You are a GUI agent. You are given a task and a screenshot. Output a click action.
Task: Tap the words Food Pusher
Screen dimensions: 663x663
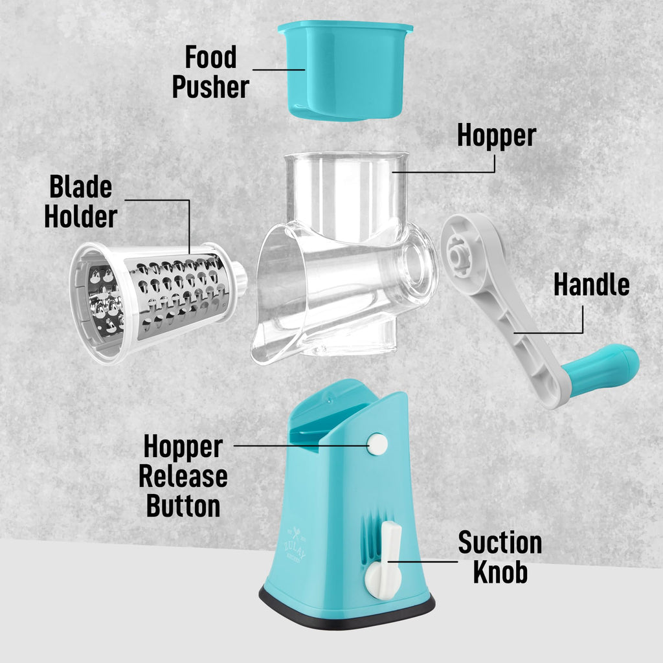pyautogui.click(x=210, y=72)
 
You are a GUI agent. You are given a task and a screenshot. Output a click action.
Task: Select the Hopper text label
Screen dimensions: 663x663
pyautogui.click(x=497, y=136)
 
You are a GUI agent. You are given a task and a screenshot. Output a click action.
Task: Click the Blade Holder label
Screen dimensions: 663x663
pyautogui.click(x=80, y=202)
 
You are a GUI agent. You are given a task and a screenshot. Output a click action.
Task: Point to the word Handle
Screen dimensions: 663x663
pyautogui.click(x=591, y=285)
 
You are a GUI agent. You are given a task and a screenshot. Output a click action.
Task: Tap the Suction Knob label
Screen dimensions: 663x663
pyautogui.click(x=500, y=557)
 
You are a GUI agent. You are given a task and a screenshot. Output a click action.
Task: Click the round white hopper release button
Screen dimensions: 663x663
pyautogui.click(x=377, y=444)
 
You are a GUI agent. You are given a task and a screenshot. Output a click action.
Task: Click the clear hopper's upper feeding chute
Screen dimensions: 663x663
pyautogui.click(x=344, y=188)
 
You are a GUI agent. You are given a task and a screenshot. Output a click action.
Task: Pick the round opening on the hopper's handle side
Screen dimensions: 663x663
pyautogui.click(x=415, y=265)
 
